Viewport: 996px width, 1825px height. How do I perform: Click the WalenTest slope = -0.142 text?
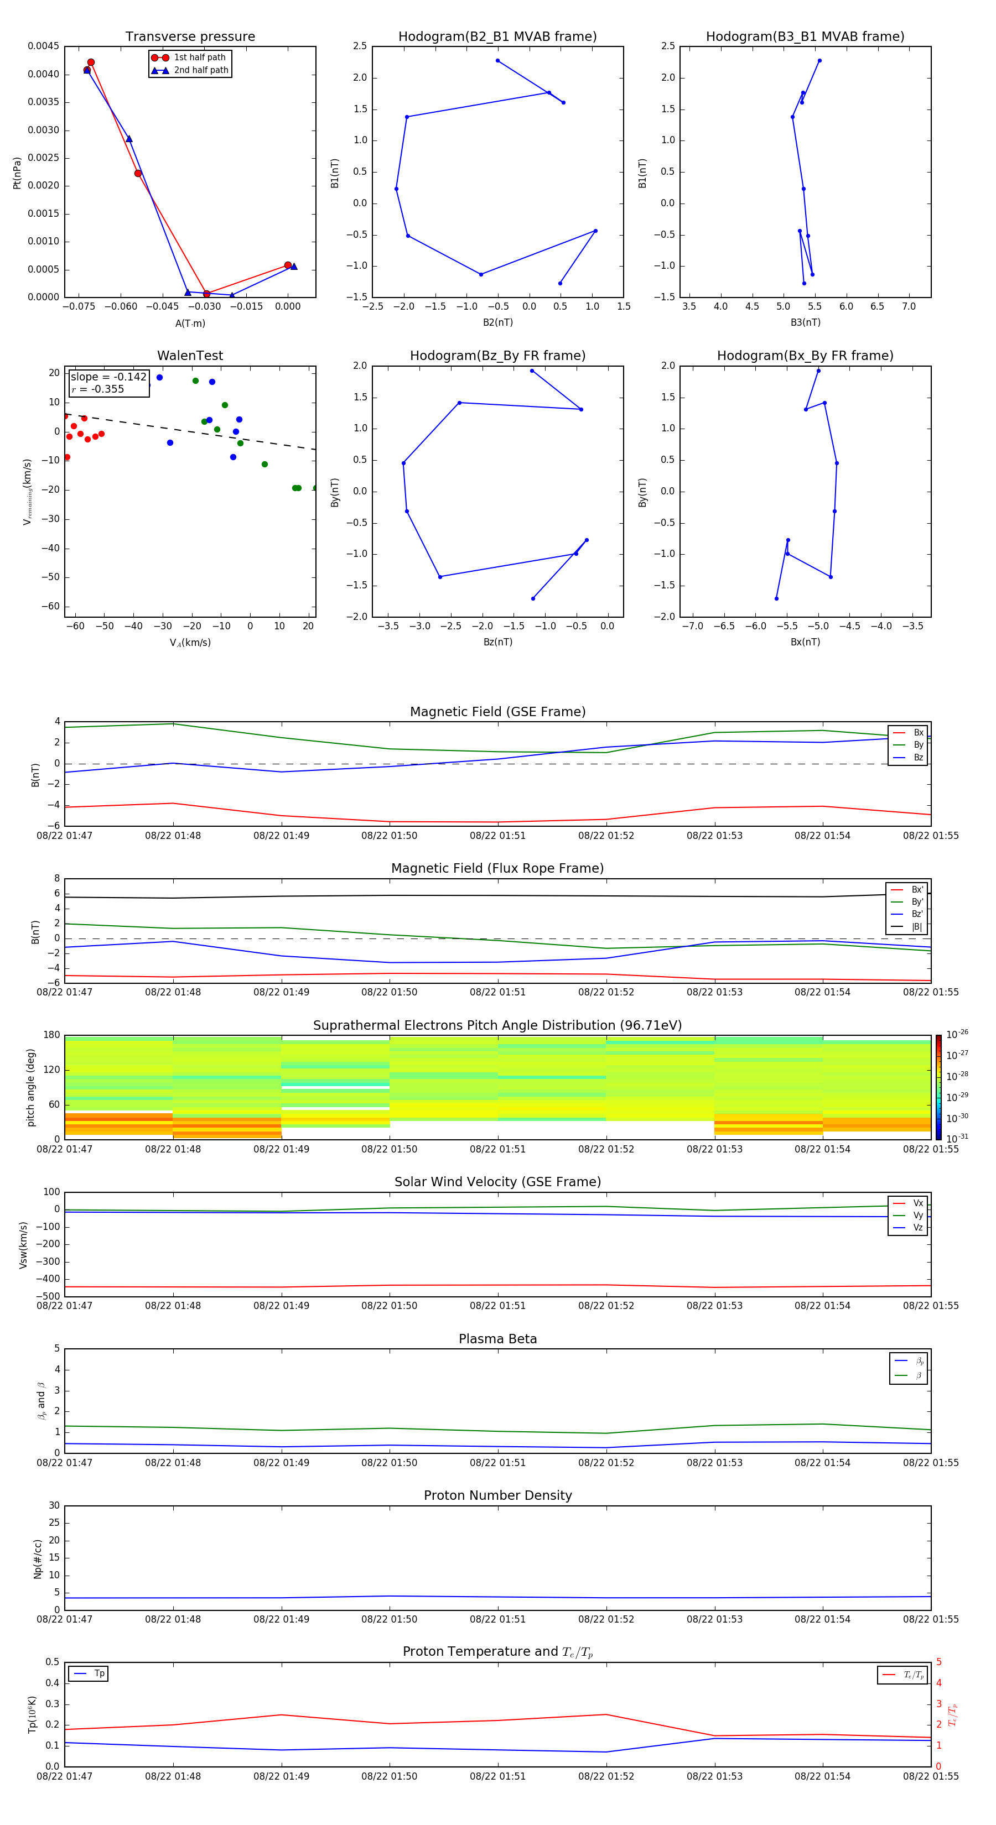pos(108,377)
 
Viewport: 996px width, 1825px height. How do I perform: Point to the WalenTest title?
pos(190,356)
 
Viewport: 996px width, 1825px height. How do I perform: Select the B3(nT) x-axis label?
pos(805,322)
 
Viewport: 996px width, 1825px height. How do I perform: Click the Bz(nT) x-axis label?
pos(497,642)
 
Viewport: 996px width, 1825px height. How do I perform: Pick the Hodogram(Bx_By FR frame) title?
pos(805,356)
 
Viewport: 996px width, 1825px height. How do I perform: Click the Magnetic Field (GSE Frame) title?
pos(497,712)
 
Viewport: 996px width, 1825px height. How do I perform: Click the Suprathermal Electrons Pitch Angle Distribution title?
pos(497,1025)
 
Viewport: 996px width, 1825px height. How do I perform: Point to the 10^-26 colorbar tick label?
pos(957,1034)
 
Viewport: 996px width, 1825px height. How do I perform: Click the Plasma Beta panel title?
pos(497,1339)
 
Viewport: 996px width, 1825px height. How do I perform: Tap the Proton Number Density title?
pos(497,1495)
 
